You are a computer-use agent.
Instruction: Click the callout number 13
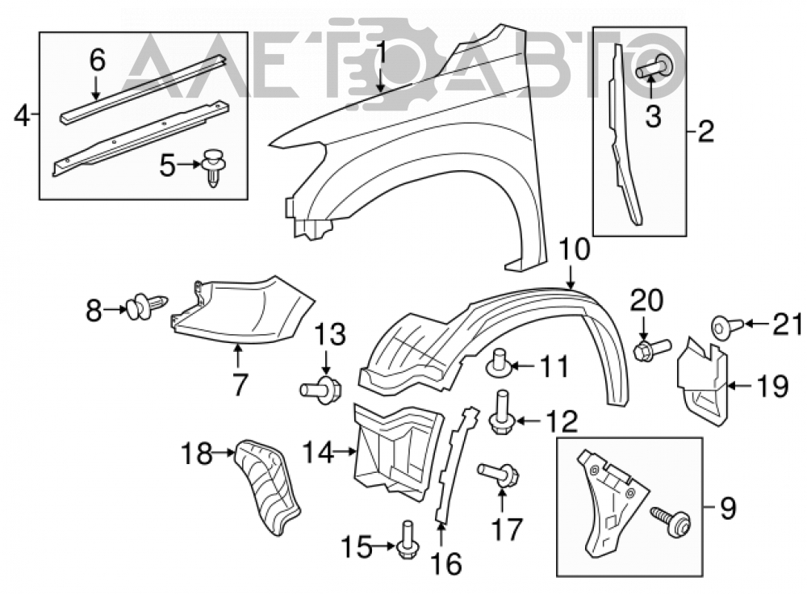(330, 336)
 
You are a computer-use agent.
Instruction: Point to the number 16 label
(446, 563)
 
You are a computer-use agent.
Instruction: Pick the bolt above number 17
(498, 473)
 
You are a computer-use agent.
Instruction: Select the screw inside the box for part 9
(671, 520)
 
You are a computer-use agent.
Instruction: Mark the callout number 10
(575, 251)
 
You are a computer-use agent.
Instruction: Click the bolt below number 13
(320, 389)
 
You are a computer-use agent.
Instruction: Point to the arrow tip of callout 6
(95, 98)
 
